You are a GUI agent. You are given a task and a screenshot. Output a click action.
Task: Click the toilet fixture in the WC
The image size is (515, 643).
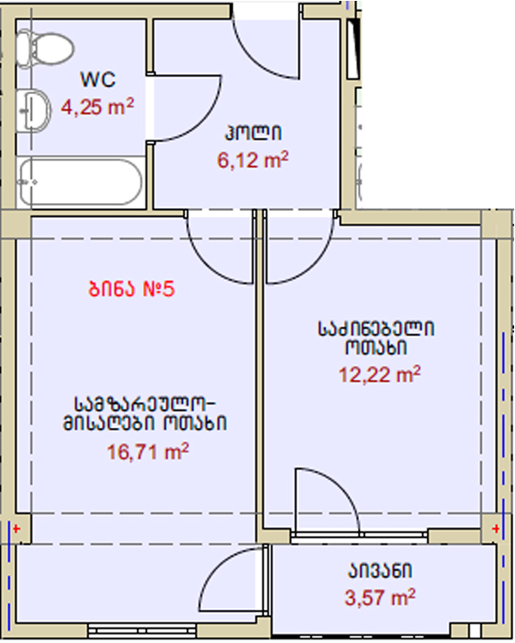(x=44, y=49)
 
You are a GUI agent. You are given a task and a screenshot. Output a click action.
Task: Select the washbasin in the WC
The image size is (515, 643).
(x=34, y=110)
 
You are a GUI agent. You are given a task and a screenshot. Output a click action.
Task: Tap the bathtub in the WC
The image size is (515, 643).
(x=80, y=182)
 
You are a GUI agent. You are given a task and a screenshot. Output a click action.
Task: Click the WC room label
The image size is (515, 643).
(x=98, y=79)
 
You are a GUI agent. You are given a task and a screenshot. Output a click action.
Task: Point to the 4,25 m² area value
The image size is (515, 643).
(x=98, y=106)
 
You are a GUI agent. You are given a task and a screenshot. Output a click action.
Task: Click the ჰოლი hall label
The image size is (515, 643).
(x=253, y=132)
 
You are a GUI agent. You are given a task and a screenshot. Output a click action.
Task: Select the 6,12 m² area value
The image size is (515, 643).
(x=253, y=159)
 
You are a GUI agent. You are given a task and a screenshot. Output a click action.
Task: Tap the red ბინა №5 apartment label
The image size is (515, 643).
(x=132, y=288)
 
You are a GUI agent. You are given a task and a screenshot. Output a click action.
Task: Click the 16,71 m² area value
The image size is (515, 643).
(x=148, y=452)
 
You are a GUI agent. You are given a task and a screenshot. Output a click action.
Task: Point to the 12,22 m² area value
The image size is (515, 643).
(x=380, y=375)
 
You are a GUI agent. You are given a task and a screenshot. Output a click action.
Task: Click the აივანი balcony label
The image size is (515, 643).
(x=380, y=571)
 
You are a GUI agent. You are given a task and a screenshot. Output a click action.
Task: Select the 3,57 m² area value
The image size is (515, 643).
(x=380, y=597)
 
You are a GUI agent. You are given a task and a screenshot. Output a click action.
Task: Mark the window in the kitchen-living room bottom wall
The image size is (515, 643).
(x=142, y=629)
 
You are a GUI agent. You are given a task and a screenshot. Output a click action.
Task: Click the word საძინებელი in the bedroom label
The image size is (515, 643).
(x=376, y=328)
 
